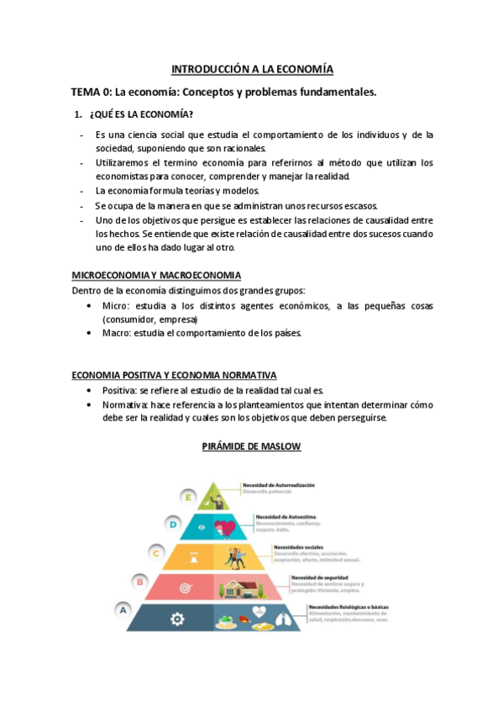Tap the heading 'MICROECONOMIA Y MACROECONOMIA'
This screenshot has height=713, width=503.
(156, 275)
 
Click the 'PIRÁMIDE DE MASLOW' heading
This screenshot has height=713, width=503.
(251, 446)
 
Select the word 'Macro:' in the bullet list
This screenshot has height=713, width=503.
(116, 333)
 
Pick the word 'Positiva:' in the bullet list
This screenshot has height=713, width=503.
(119, 390)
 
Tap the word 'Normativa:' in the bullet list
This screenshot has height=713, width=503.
(125, 404)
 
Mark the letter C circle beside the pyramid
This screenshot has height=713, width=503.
(155, 552)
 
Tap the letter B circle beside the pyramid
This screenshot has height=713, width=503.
(139, 580)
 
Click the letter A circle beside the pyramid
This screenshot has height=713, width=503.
(123, 609)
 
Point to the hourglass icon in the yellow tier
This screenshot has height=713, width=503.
(192, 556)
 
